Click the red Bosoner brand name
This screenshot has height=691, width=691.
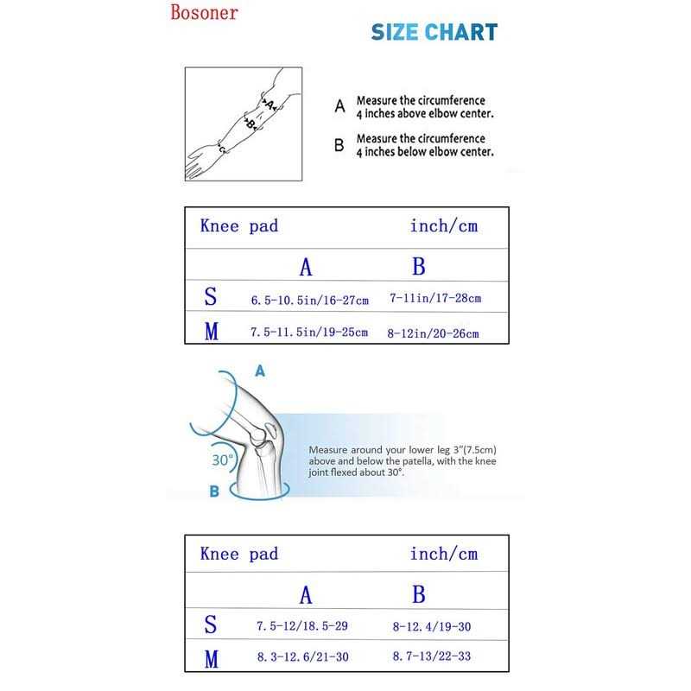coord(204,14)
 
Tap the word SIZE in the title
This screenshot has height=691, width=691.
coord(396,33)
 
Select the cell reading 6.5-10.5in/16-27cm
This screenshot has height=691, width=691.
coord(310,301)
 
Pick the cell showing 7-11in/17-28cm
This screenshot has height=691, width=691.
coord(435,298)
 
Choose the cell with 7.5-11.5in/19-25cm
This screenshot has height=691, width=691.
coord(309,333)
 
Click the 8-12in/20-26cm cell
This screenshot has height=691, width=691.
coord(434,333)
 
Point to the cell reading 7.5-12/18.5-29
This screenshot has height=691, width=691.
coord(302,624)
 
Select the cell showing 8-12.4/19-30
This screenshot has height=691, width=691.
coord(431,624)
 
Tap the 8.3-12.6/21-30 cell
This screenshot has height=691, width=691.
coord(302,657)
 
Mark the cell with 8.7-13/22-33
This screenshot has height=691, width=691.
coord(432,657)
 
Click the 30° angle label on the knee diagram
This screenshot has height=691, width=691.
coord(223,460)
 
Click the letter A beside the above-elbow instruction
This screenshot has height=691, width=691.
coord(339,107)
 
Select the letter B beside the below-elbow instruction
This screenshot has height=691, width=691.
coord(339,145)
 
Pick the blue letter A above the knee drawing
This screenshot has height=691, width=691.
coord(259,371)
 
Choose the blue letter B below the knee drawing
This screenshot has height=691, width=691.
coord(214,491)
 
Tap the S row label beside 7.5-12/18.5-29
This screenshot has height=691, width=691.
coord(211,624)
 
